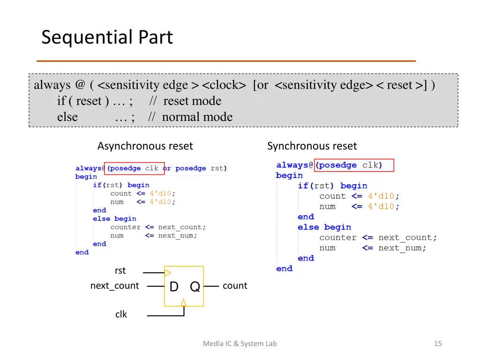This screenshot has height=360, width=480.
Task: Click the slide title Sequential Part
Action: point(107,37)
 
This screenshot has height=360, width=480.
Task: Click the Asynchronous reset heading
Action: point(145,146)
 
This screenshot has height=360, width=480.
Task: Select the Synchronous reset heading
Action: point(312,146)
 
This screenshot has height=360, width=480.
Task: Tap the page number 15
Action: point(438,344)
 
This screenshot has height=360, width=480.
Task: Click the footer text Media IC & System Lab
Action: point(240,344)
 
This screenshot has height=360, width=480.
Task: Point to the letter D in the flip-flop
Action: point(174,287)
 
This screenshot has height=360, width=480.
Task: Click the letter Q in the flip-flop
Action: point(195,287)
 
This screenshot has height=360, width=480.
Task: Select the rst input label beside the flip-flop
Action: point(120,270)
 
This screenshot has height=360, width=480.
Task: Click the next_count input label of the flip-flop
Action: point(114,286)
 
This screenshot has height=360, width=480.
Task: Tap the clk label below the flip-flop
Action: point(121,314)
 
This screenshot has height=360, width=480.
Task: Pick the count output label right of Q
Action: point(234,286)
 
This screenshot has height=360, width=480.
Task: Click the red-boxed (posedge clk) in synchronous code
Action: point(354,165)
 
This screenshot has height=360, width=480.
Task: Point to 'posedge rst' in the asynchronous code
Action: point(200,168)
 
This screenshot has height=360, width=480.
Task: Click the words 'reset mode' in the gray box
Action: point(192,101)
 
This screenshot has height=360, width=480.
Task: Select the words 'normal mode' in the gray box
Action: point(197,117)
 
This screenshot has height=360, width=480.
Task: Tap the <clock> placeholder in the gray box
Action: point(224,85)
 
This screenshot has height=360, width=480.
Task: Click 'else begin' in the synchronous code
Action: point(324,227)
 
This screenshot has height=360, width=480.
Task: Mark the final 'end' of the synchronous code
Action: point(284,269)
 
